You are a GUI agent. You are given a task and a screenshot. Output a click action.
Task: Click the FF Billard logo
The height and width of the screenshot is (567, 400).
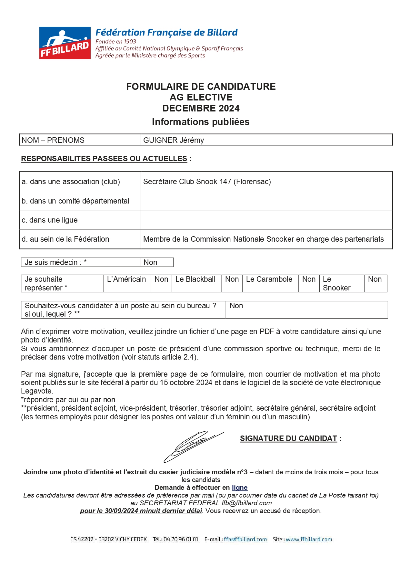[65, 43]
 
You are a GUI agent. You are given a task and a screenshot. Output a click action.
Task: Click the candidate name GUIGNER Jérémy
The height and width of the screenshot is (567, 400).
[174, 140]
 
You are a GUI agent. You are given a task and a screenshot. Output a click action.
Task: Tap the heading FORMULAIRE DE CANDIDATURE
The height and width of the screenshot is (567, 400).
[201, 87]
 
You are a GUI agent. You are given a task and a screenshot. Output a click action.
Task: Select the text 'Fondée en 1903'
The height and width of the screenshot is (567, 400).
[116, 41]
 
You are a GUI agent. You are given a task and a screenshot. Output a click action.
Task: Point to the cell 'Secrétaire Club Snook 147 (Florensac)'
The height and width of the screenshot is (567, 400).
[207, 182]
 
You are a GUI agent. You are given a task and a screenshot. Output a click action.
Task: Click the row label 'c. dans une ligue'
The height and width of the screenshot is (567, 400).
[50, 220]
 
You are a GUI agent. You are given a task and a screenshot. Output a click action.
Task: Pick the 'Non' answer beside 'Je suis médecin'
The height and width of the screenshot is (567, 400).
[150, 262]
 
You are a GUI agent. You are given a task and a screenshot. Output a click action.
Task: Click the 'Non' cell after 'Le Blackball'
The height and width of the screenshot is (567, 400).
[232, 279]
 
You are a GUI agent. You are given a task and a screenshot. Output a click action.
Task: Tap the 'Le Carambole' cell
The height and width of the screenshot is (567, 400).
[269, 279]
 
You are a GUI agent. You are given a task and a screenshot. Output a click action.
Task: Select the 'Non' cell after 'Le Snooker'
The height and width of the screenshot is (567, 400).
[375, 279]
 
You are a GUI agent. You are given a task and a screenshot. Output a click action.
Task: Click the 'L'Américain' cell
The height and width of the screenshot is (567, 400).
[126, 279]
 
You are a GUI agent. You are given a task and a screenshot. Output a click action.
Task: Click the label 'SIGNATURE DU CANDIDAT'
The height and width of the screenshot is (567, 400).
[288, 438]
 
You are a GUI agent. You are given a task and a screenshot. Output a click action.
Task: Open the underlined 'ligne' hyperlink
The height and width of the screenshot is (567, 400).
[239, 488]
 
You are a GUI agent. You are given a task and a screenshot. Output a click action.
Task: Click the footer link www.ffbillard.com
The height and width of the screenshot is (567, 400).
[309, 539]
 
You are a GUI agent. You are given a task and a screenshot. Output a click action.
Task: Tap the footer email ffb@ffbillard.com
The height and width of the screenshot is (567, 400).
[245, 539]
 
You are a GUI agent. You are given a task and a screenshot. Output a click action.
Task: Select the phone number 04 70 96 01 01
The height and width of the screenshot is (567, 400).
[181, 539]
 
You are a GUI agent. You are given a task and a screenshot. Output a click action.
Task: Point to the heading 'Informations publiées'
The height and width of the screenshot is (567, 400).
[201, 122]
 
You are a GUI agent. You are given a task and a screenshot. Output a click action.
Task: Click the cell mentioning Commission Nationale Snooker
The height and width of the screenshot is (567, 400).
[263, 239]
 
